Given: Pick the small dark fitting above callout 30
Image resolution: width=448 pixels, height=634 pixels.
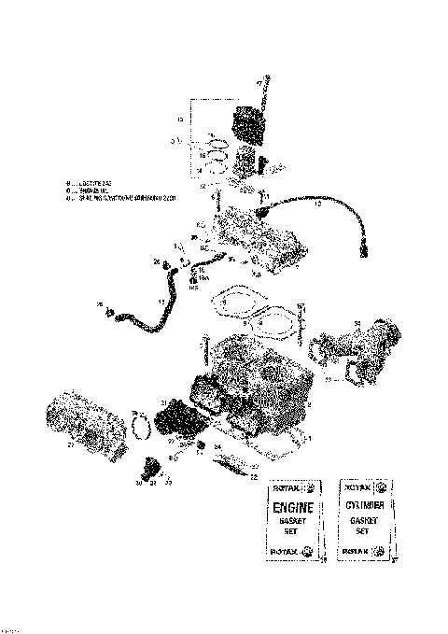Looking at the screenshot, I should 149,464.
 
